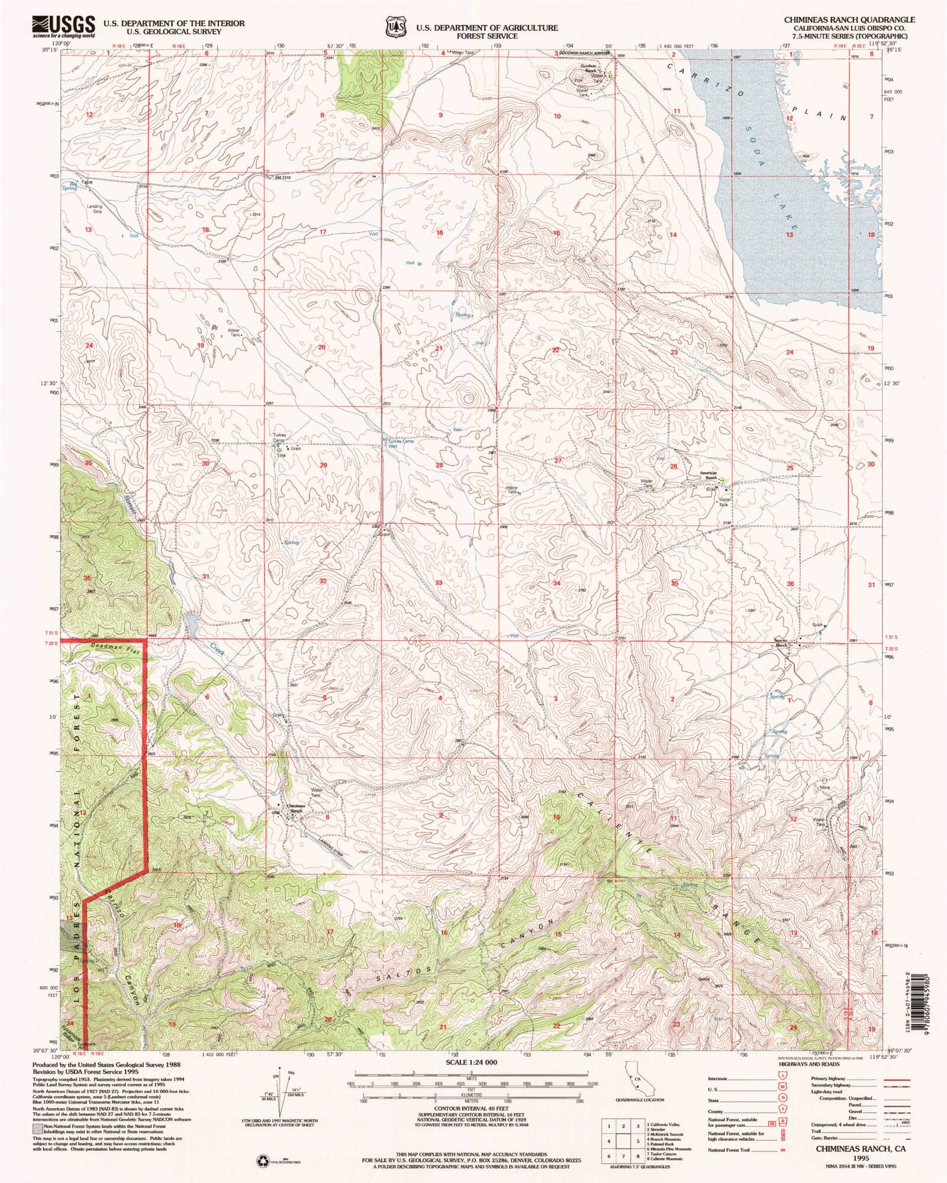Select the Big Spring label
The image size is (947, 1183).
click(70, 186)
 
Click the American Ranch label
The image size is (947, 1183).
click(708, 475)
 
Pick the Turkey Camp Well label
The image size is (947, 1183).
click(401, 444)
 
